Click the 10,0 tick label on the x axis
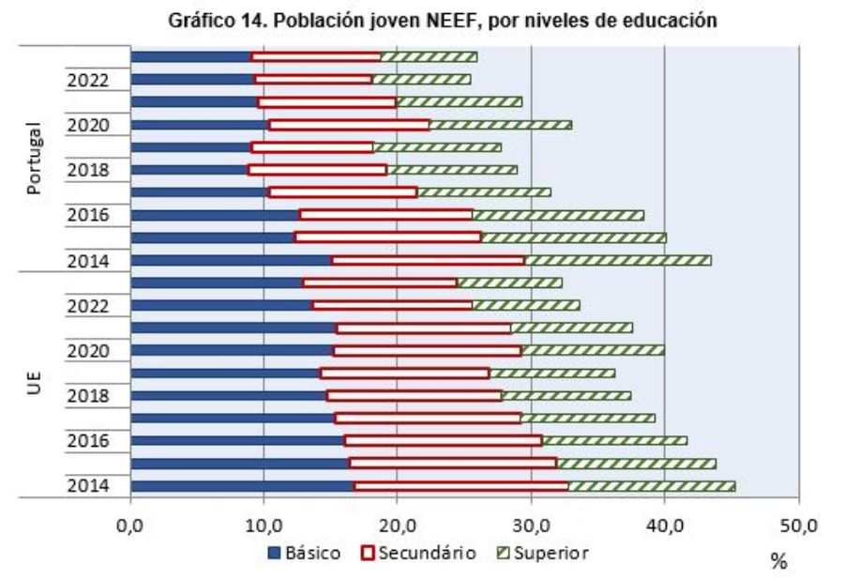[264, 527]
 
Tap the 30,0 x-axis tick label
[531, 527]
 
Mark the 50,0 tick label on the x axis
[797, 527]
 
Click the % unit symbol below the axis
[777, 561]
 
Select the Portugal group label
[35, 158]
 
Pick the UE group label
[35, 383]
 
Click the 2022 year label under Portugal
[88, 81]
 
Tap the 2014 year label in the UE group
[88, 486]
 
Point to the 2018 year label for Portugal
[88, 171]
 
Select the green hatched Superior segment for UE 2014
[652, 486]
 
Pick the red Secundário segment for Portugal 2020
[349, 125]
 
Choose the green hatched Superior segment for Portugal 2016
[558, 215]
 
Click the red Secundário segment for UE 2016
[444, 440]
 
